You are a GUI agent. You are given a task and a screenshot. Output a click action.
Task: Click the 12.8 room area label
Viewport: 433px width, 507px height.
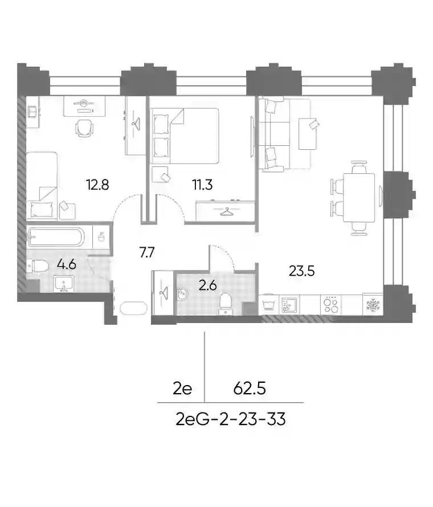click(97, 185)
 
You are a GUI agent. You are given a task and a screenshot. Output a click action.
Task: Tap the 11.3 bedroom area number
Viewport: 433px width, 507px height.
click(202, 185)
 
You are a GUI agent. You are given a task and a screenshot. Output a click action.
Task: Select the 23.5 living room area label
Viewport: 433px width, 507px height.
click(302, 271)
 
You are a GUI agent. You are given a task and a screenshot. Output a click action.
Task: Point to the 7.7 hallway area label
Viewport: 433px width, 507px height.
click(147, 252)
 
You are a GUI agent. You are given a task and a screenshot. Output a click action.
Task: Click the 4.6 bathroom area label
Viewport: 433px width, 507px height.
click(66, 264)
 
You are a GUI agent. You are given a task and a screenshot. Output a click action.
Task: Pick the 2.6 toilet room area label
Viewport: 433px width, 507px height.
click(207, 285)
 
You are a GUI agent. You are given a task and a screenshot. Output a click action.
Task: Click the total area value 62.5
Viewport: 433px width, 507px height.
click(250, 388)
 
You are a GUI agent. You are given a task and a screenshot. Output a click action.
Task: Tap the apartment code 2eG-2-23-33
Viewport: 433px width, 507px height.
click(231, 419)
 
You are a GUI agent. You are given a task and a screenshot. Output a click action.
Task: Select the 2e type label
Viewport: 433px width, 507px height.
click(182, 388)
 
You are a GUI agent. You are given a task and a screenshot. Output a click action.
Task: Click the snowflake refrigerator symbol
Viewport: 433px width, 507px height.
click(373, 305)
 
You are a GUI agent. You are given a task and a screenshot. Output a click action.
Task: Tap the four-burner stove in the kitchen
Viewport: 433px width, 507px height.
click(331, 305)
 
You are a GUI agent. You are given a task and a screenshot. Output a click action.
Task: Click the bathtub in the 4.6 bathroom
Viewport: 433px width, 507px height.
click(56, 237)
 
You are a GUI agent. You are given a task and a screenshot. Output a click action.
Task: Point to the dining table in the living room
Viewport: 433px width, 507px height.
click(359, 198)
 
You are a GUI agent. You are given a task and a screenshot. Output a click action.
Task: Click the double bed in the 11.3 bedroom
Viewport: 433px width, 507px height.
click(185, 136)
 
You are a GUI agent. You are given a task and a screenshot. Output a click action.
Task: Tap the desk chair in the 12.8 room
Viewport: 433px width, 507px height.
click(84, 128)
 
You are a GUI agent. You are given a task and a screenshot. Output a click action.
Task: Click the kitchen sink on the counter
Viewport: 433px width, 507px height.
click(289, 305)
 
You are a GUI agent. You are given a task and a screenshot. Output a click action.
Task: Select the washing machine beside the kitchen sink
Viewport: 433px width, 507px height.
click(268, 305)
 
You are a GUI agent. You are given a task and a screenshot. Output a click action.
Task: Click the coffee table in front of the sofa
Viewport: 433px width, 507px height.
click(308, 134)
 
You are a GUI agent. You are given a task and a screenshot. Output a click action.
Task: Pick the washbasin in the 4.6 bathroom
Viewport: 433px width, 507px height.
click(64, 284)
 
